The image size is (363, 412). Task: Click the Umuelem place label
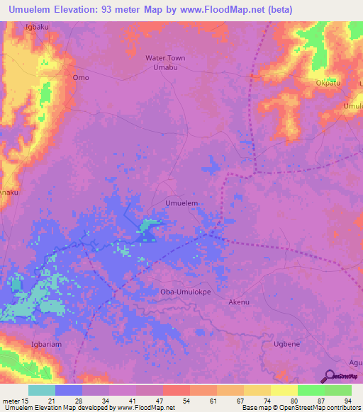click(x=181, y=203)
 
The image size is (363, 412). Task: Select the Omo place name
click(x=81, y=77)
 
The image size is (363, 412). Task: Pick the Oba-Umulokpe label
click(x=182, y=291)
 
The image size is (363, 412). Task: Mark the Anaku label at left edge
click(x=9, y=190)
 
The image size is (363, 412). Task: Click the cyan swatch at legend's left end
click(x=41, y=390)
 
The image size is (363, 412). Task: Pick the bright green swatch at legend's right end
click(x=337, y=390)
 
